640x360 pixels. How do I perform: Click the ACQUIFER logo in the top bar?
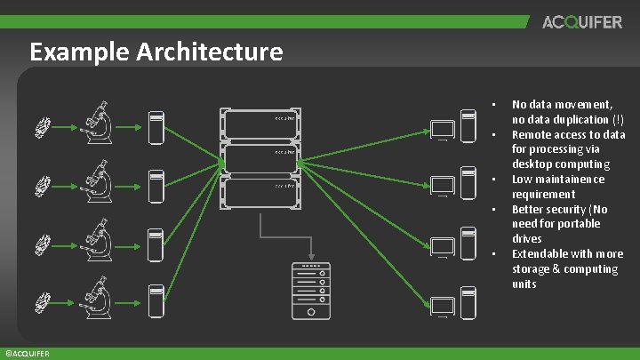(582, 22)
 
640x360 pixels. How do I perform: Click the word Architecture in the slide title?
(210, 52)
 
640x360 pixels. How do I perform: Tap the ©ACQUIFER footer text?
(26, 354)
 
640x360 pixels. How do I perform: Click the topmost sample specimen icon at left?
(45, 129)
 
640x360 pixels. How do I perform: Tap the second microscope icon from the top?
(95, 182)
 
